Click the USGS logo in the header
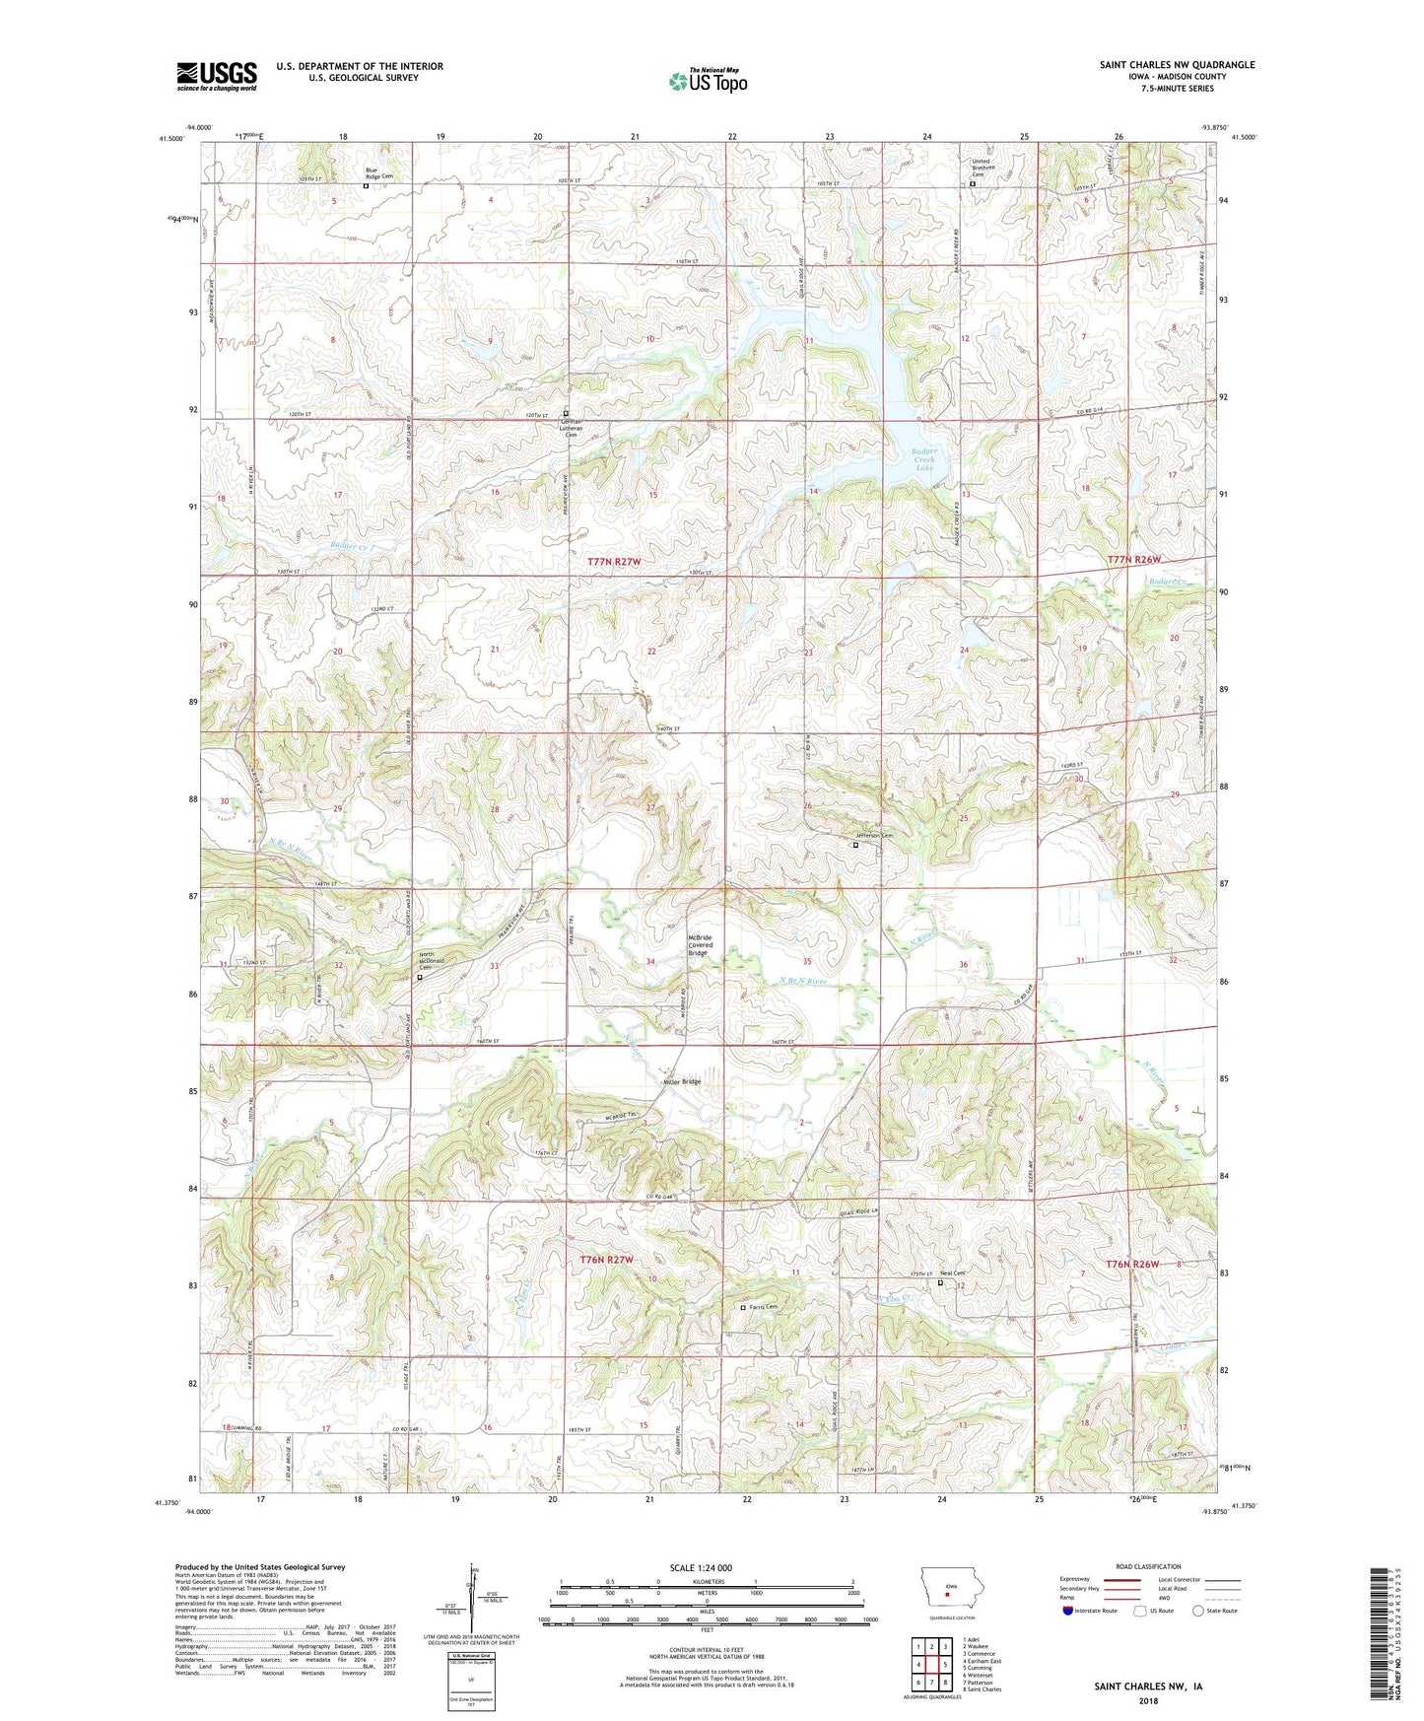pos(217,76)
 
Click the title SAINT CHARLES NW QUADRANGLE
pos(1177,65)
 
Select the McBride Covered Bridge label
pos(698,945)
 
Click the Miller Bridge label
pos(682,1081)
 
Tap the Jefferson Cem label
pos(873,836)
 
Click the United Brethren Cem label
pos(984,168)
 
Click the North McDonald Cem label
pos(426,960)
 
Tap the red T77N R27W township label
pos(614,561)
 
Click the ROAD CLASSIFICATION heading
pos(1149,1566)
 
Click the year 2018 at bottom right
pos(1148,1700)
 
